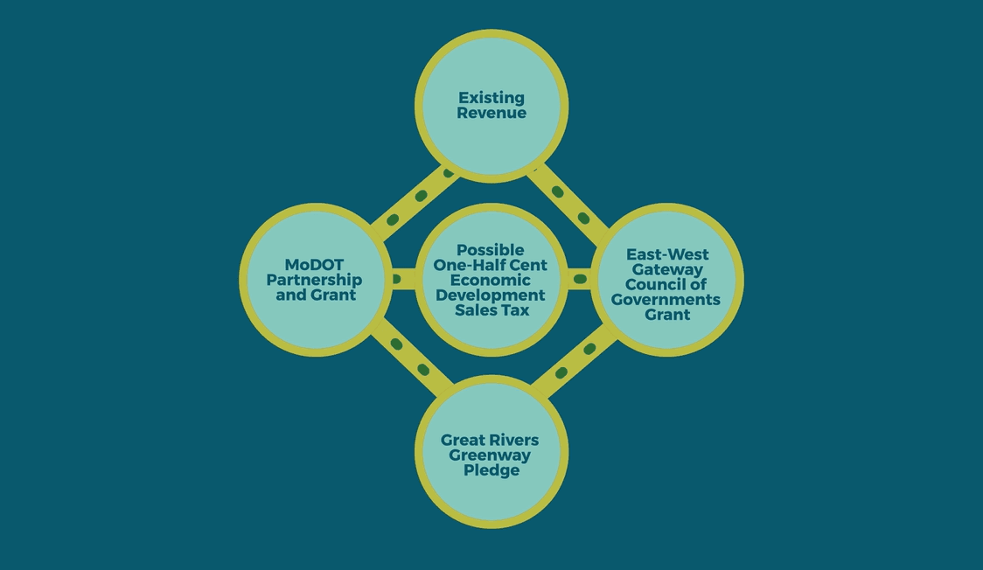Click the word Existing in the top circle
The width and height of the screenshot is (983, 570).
point(491,98)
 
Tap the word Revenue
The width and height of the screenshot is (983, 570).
point(491,113)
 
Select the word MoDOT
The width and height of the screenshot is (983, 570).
point(314,264)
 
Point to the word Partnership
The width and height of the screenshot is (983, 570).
point(314,280)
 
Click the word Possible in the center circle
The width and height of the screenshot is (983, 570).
point(491,250)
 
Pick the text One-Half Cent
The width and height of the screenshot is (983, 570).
point(491,265)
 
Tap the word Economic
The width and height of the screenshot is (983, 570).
point(491,280)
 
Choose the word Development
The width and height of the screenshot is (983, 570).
point(491,295)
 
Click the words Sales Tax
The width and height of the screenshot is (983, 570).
point(491,310)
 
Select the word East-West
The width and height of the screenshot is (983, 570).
point(667,254)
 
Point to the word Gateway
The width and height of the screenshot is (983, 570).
point(667,269)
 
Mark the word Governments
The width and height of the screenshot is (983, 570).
point(667,300)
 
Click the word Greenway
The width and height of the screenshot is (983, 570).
point(491,455)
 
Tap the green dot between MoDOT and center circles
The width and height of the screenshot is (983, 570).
point(396,280)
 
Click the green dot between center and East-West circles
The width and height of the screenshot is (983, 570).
point(579,280)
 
